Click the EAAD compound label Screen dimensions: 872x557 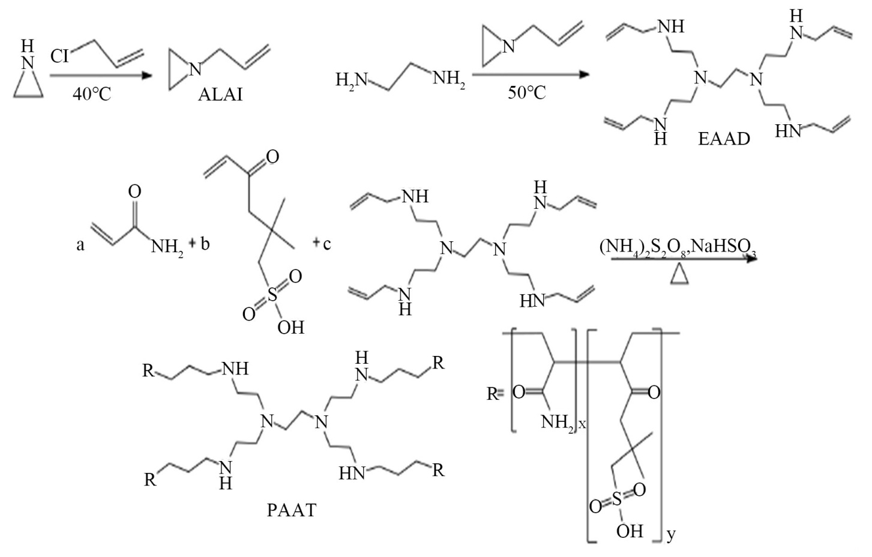724,139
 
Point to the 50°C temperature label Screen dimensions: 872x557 528,94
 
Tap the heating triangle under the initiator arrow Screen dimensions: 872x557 679,275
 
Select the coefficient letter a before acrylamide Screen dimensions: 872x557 80,245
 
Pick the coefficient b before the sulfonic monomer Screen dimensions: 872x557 205,245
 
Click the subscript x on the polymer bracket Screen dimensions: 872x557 582,424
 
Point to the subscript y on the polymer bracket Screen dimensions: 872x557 671,533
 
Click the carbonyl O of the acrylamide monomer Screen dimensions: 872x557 135,191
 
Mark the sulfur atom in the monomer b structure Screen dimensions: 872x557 273,295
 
